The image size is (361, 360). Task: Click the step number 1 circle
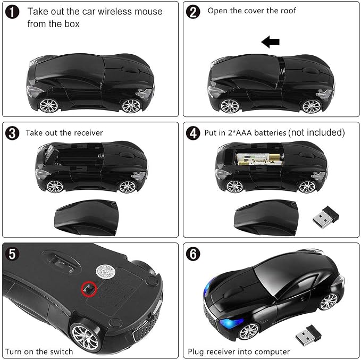(12, 12)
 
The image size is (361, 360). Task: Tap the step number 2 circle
(193, 12)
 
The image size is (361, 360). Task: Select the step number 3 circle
(12, 133)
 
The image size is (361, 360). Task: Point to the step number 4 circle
(193, 133)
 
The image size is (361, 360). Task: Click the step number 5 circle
(12, 254)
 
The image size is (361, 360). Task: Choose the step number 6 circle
(193, 254)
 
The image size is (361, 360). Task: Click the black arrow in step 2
(270, 42)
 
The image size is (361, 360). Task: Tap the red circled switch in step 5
(89, 289)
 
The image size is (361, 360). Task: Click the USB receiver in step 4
(325, 217)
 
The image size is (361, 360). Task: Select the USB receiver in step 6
(308, 335)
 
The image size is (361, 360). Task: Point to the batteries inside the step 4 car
(259, 160)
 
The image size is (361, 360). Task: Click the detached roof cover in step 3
(86, 217)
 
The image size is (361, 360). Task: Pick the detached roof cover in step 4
(266, 217)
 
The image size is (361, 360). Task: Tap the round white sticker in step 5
(105, 271)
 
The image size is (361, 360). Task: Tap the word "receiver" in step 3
(88, 133)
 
